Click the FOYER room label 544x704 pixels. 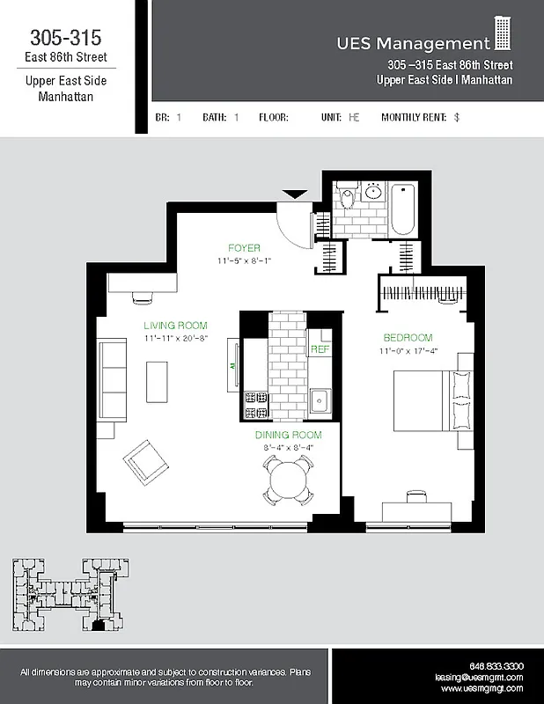click(244, 248)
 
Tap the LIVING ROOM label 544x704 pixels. click(175, 326)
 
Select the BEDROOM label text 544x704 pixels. click(408, 338)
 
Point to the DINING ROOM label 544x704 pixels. click(288, 435)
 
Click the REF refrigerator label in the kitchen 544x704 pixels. click(320, 349)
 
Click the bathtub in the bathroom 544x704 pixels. click(404, 209)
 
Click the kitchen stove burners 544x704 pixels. click(255, 403)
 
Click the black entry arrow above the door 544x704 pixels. click(294, 194)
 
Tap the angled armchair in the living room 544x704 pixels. click(147, 466)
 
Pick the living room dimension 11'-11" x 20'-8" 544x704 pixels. click(175, 338)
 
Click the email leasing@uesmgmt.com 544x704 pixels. click(479, 678)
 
